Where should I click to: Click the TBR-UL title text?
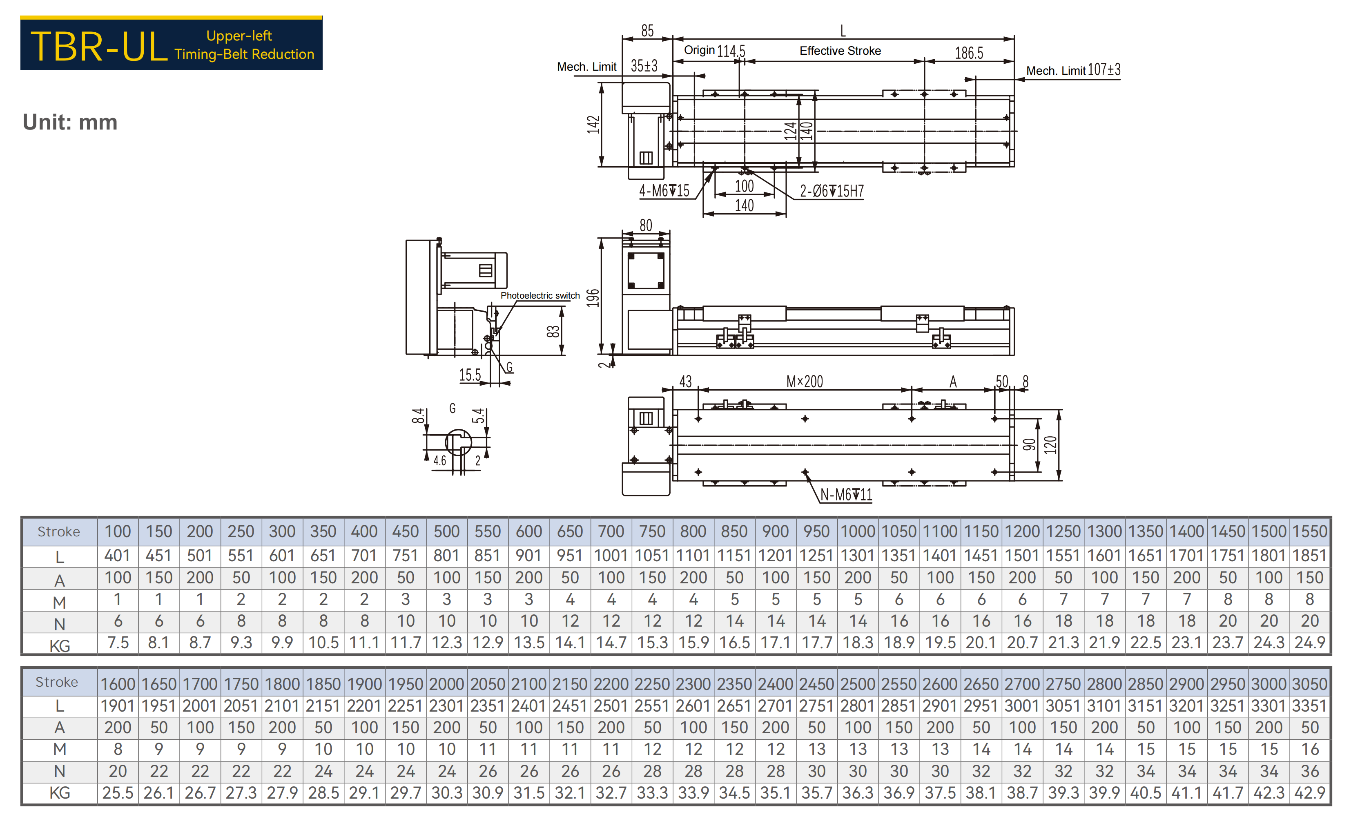point(99,47)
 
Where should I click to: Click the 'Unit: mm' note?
point(70,122)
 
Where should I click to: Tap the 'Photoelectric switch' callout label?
point(540,295)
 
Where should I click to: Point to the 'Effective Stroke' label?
point(840,51)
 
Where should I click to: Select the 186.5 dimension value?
point(969,53)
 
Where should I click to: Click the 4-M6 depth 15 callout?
point(664,191)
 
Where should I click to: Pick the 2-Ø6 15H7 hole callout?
point(832,191)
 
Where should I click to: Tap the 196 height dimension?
point(593,298)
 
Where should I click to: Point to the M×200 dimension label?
point(804,382)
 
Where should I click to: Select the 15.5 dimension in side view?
point(470,375)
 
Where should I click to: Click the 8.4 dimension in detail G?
point(418,415)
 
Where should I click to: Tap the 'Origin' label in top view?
point(699,50)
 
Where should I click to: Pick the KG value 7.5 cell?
point(118,643)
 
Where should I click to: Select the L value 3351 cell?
point(1309,706)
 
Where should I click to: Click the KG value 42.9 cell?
point(1309,793)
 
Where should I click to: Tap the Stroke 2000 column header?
point(446,684)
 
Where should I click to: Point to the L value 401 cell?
point(118,556)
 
